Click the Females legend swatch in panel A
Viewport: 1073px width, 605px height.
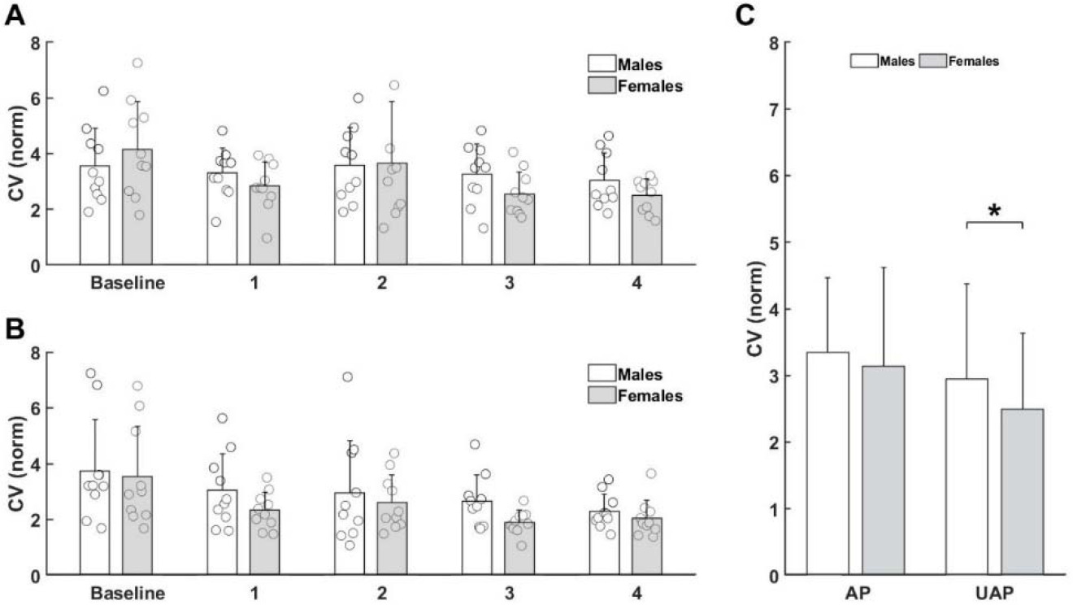[x=603, y=86]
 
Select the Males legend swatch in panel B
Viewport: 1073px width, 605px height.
[x=603, y=376]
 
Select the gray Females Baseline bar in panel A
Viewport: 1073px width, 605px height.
[x=137, y=207]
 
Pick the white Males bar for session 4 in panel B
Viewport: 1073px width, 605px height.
[x=604, y=542]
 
